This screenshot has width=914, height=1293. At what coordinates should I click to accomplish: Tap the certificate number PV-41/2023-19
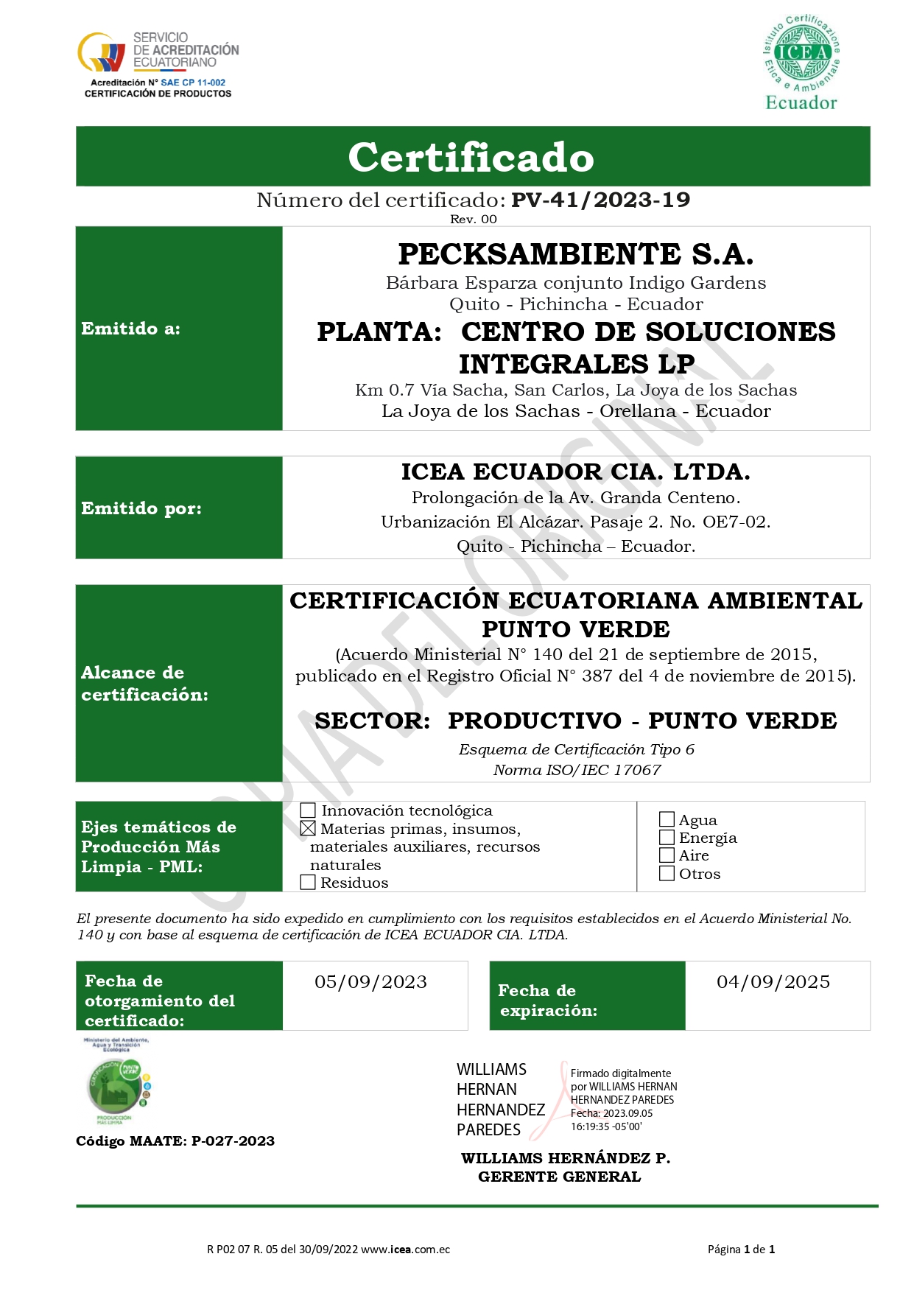click(600, 200)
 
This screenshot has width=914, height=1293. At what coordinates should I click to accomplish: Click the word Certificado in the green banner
click(471, 157)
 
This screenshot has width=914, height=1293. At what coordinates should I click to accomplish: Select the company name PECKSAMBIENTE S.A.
click(576, 254)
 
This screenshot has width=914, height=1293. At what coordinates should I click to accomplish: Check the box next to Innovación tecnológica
click(309, 811)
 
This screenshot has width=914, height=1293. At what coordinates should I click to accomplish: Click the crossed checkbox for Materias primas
click(308, 829)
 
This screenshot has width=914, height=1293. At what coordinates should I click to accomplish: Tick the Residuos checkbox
click(309, 882)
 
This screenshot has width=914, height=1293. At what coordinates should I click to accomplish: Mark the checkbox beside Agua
click(667, 819)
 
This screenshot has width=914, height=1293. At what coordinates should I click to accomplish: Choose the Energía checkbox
click(667, 838)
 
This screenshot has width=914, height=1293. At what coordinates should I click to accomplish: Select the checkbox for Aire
click(667, 855)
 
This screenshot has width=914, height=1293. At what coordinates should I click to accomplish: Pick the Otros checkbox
click(667, 874)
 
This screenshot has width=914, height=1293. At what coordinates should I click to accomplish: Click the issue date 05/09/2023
click(370, 982)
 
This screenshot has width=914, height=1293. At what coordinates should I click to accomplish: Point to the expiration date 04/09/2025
click(773, 982)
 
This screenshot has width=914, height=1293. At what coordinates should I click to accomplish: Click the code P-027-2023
click(233, 1141)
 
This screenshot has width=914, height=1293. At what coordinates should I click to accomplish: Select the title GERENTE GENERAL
click(560, 1177)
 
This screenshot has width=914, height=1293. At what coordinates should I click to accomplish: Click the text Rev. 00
click(474, 219)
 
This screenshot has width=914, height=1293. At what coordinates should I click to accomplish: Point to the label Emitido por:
click(141, 508)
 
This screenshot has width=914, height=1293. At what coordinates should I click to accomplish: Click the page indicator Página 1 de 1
click(741, 1249)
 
